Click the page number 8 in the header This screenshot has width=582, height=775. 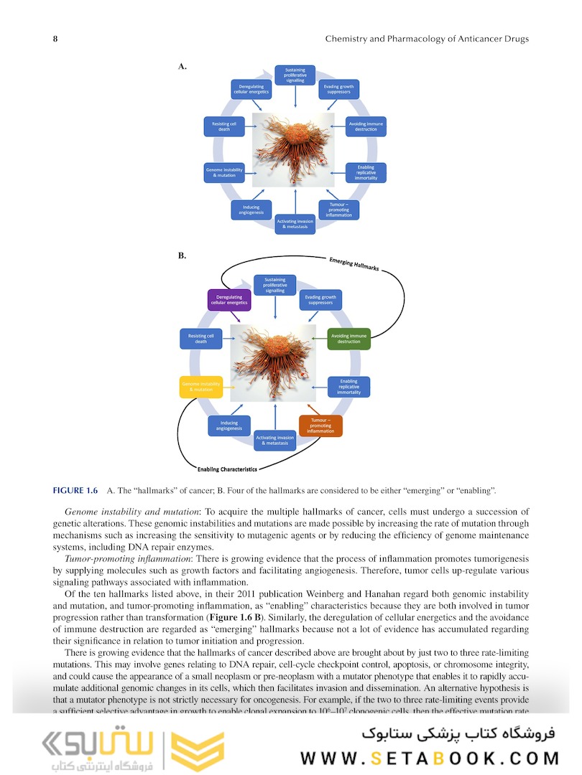click(55, 39)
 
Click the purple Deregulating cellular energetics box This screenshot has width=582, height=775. click(228, 300)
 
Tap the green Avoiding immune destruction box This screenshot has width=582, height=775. click(348, 338)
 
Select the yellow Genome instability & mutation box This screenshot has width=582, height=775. click(201, 387)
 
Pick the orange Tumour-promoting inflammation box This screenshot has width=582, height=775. click(320, 426)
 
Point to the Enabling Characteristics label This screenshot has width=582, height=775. click(226, 469)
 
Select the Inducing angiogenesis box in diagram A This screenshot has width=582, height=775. click(251, 210)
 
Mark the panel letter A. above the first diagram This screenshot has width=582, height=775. click(183, 66)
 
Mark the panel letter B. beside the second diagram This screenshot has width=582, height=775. click(183, 255)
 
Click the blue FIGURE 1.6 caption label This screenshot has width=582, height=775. click(75, 490)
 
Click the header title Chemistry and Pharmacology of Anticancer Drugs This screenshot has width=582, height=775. click(427, 39)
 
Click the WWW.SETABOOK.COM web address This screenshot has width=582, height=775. click(430, 758)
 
